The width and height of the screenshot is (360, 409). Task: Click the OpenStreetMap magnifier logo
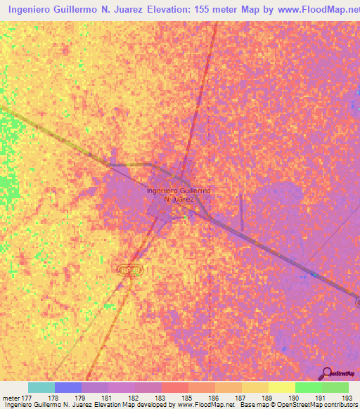click(327, 373)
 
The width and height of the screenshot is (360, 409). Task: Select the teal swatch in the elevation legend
click(41, 387)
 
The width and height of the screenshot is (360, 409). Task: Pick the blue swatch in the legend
click(68, 387)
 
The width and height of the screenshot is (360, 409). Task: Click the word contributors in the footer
click(337, 405)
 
